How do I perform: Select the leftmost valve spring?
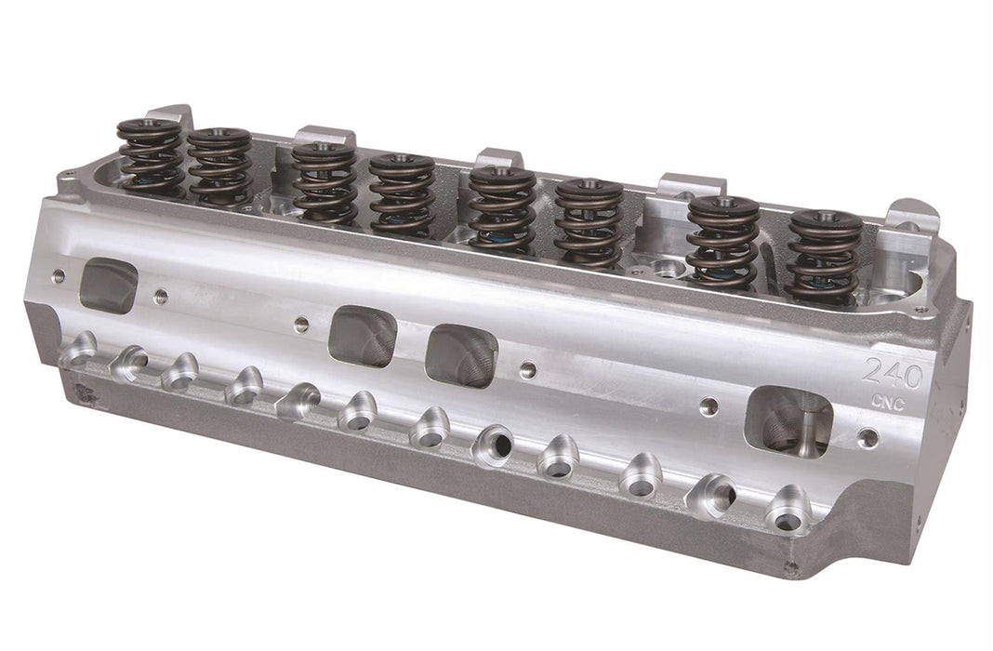[150, 159]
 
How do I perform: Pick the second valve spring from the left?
[219, 167]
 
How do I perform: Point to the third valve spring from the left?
[324, 182]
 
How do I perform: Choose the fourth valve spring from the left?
[401, 193]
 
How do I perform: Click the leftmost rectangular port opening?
[108, 285]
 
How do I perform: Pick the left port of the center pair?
[363, 336]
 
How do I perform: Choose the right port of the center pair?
[461, 354]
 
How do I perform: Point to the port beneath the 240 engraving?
[788, 423]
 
